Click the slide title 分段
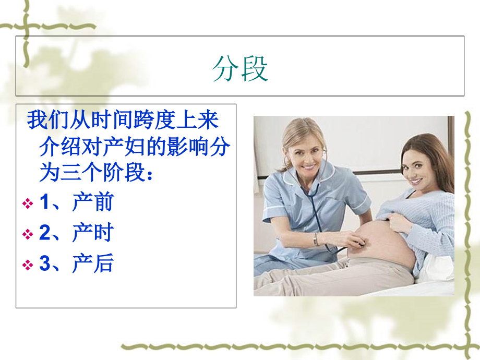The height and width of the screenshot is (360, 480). coord(240,69)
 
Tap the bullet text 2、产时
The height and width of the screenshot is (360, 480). coord(76,234)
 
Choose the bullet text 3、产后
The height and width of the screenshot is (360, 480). coord(76,265)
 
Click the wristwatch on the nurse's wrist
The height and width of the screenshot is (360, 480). coord(316,239)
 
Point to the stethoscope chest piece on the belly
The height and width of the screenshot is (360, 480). coord(360,242)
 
